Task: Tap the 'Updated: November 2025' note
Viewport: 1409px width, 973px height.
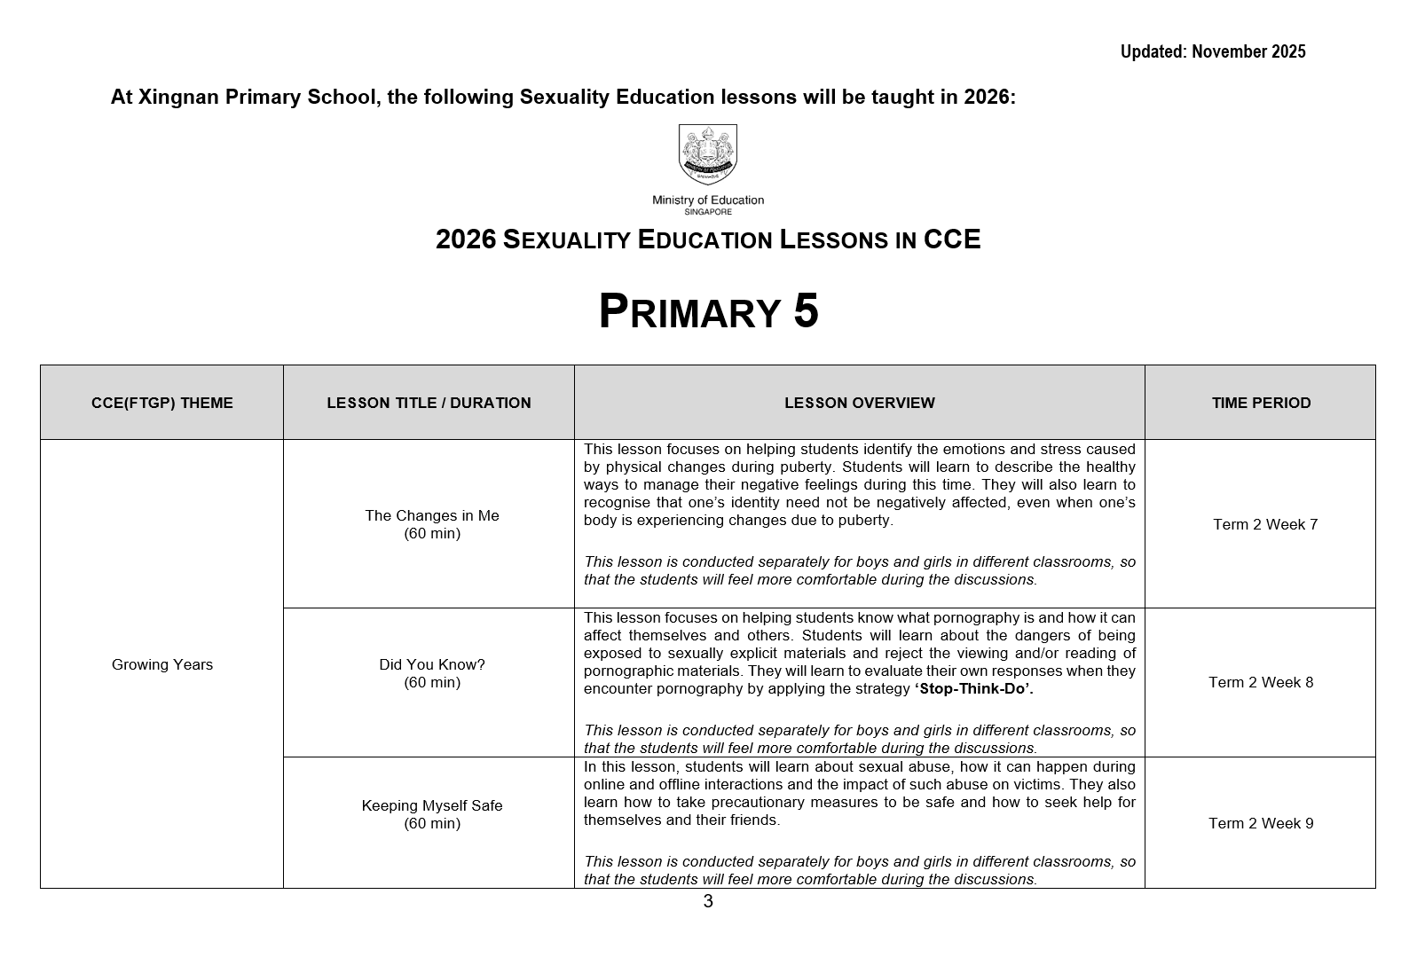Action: click(1212, 51)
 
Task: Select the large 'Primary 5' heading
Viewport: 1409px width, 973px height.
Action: click(708, 311)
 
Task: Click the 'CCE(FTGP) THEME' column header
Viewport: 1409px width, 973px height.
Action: click(162, 403)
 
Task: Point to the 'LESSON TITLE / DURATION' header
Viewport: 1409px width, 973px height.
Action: click(429, 403)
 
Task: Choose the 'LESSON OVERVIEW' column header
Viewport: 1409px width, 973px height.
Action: click(859, 403)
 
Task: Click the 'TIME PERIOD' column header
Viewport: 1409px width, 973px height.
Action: click(1261, 403)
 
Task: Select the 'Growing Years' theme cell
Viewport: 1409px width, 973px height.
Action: click(162, 664)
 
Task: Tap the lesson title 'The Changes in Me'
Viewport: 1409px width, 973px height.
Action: click(432, 515)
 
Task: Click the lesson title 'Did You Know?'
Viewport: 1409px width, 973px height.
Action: click(432, 664)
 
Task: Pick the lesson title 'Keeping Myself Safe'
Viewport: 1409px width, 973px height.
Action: click(432, 805)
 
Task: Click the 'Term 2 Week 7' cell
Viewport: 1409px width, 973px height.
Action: click(1265, 524)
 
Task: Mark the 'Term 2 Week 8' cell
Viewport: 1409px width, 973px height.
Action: click(1261, 682)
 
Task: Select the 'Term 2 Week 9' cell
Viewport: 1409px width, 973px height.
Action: click(1261, 823)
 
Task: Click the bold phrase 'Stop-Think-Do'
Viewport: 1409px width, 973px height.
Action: click(973, 689)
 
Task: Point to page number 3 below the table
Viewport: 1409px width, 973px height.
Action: click(708, 902)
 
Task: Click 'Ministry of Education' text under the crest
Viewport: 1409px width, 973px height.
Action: click(707, 200)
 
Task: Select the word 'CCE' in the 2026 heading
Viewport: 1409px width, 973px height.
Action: click(952, 239)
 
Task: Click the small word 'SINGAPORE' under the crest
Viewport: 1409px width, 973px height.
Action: click(707, 212)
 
